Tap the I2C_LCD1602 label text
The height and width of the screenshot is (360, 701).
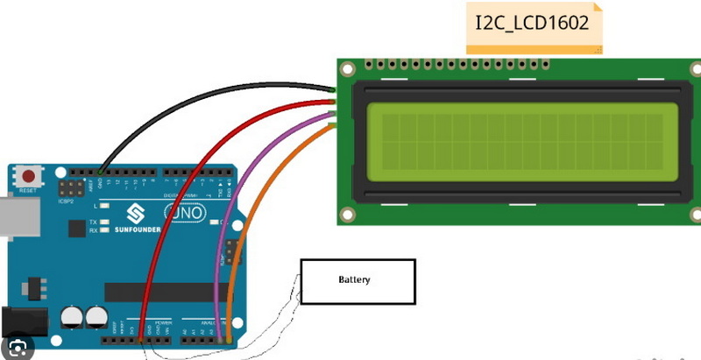tap(532, 24)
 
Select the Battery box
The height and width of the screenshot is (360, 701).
tap(358, 281)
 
